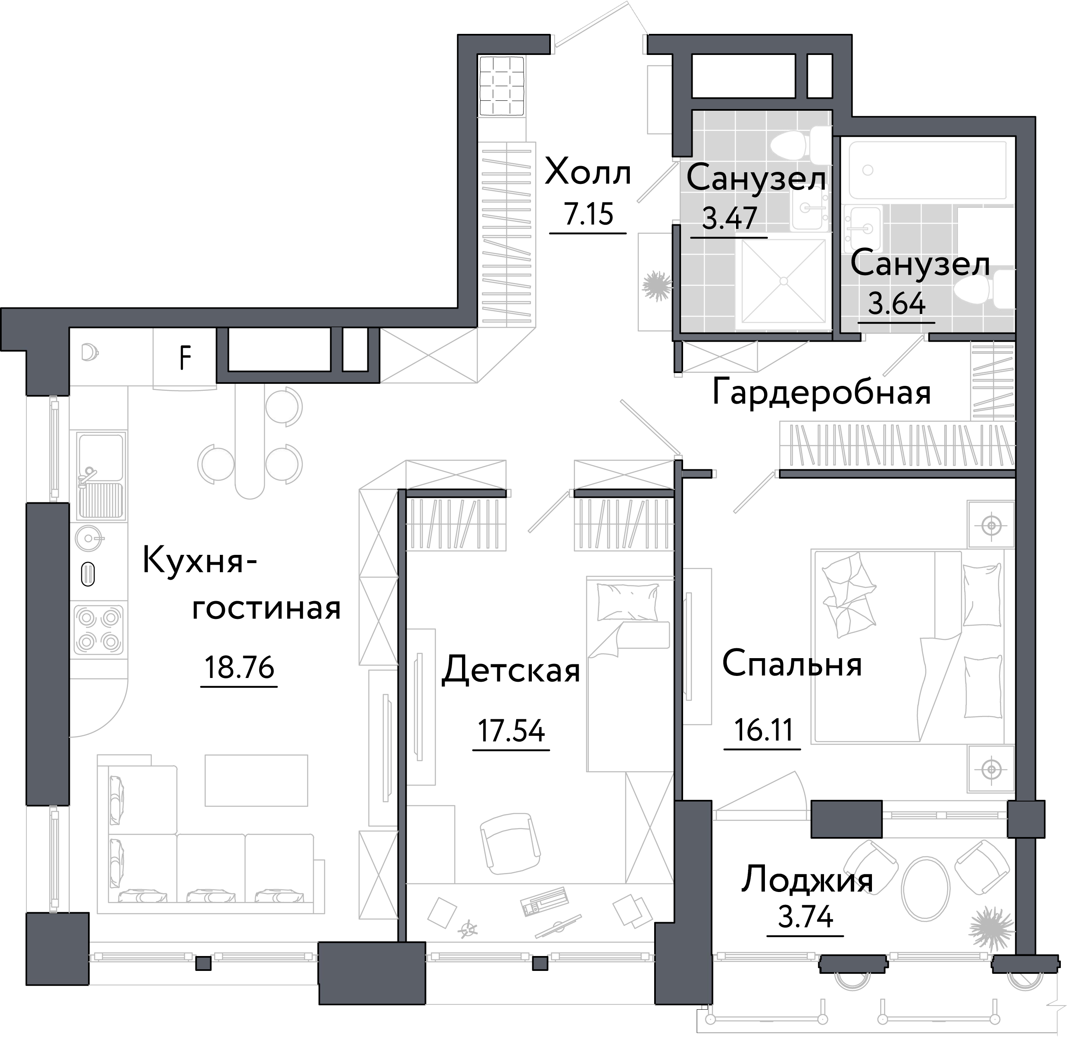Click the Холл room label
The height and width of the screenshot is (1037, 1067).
pyautogui.click(x=588, y=173)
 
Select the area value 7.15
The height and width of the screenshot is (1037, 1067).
pyautogui.click(x=588, y=215)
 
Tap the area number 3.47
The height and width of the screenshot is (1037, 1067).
pyautogui.click(x=729, y=219)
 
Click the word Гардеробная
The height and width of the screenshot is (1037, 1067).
pyautogui.click(x=822, y=392)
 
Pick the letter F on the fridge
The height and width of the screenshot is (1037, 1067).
pyautogui.click(x=185, y=358)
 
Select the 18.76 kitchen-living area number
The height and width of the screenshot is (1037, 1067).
pyautogui.click(x=239, y=667)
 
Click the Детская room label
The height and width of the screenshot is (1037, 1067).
pyautogui.click(x=511, y=671)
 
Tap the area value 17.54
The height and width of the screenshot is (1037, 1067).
pyautogui.click(x=511, y=731)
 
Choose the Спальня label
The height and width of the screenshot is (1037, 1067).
pyautogui.click(x=791, y=664)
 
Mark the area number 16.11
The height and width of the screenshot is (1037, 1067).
pyautogui.click(x=762, y=730)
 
